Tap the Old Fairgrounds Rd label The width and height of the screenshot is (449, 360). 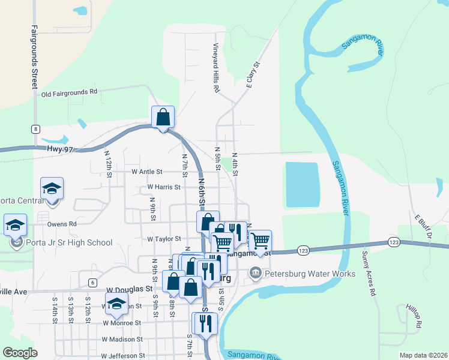pyautogui.click(x=69, y=93)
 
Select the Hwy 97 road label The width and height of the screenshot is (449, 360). pyautogui.click(x=59, y=149)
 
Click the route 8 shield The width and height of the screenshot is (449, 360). pyautogui.click(x=36, y=129)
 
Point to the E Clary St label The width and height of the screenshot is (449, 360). pyautogui.click(x=253, y=74)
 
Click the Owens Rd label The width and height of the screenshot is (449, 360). pyautogui.click(x=62, y=224)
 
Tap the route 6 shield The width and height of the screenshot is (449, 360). pyautogui.click(x=92, y=282)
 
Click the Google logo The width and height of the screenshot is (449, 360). pyautogui.click(x=20, y=353)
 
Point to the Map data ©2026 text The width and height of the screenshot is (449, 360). pyautogui.click(x=422, y=355)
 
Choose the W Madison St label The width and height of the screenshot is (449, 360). pyautogui.click(x=125, y=339)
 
